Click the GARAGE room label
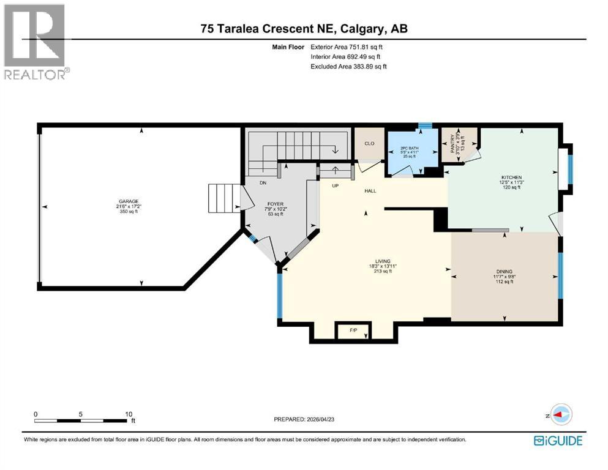pos(129,201)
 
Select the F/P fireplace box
pos(353,330)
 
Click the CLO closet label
pos(369,144)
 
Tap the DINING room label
pos(505,272)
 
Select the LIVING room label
pos(384,261)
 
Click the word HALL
pos(370,191)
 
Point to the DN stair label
pos(263,183)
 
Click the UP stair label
pos(335,185)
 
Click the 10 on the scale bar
pos(129,413)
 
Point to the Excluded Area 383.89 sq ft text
pos(348,66)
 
